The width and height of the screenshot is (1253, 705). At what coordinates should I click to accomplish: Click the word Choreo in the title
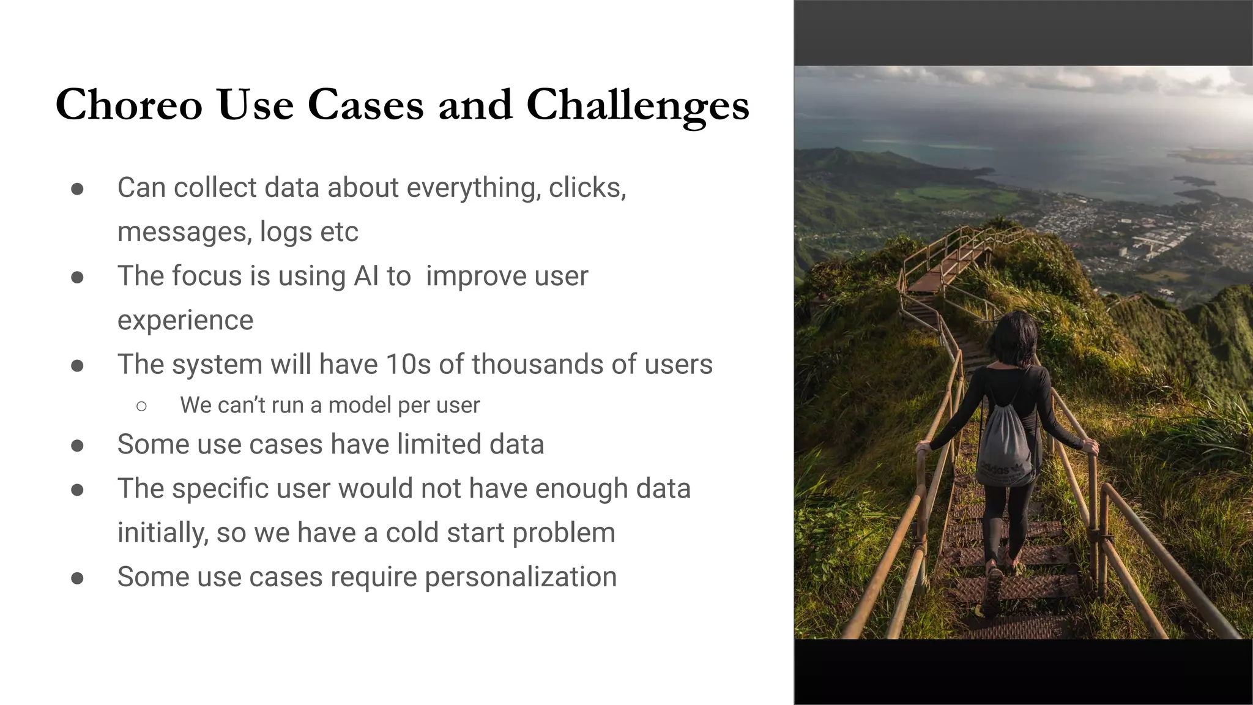point(129,105)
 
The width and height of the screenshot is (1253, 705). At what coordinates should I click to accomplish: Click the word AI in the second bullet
point(366,276)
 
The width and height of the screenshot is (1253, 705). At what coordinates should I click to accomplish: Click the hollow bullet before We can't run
point(142,406)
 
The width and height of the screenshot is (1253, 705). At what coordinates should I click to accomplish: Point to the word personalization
point(521,577)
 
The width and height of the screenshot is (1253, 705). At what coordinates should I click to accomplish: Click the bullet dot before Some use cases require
point(77,578)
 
